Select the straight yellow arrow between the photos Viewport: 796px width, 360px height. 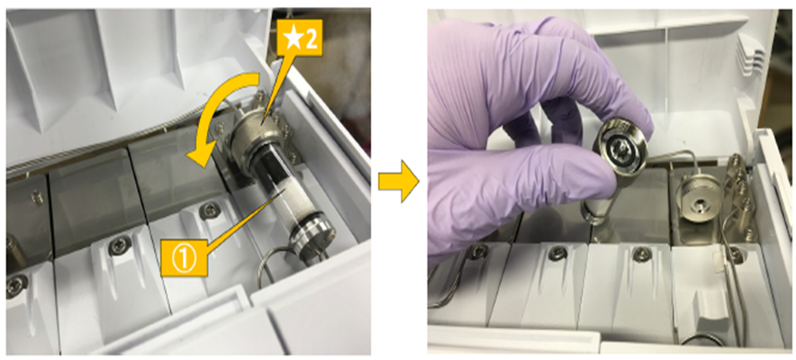point(399,181)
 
